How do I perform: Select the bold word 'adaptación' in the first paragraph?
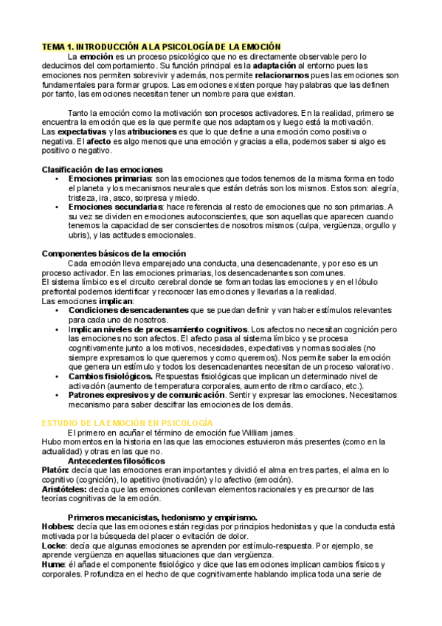click(276, 66)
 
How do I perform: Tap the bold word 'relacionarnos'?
click(283, 75)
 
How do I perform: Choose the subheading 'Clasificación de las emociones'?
click(102, 170)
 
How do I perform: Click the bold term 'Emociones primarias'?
click(109, 179)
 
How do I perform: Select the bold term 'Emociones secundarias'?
click(115, 207)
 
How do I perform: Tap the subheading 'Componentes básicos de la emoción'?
click(114, 254)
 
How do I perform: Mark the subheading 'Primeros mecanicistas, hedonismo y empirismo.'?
click(162, 517)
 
